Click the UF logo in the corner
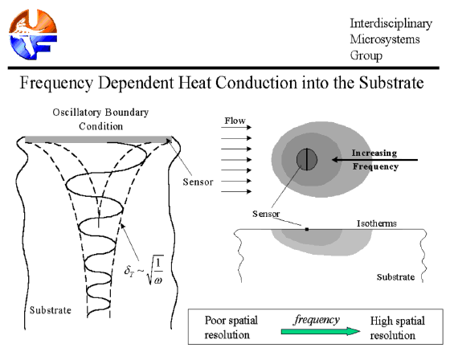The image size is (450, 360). tap(33, 34)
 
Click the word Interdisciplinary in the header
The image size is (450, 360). tap(391, 23)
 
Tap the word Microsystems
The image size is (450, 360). tap(385, 39)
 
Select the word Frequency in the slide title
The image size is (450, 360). tap(56, 84)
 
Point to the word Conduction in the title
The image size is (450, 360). tap(256, 83)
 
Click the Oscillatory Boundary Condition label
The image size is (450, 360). tap(100, 119)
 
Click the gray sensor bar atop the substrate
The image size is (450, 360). tap(98, 140)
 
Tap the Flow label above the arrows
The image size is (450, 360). tap(235, 121)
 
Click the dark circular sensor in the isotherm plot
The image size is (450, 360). tap(307, 159)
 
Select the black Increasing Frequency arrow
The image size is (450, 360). tap(374, 160)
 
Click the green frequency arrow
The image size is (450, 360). tap(321, 331)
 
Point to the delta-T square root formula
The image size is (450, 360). tap(144, 270)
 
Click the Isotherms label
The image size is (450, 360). tap(377, 223)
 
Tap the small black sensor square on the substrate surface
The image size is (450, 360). tap(307, 229)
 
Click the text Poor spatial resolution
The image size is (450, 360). tap(231, 328)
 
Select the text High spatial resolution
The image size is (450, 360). tap(398, 328)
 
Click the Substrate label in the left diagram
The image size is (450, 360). tap(51, 310)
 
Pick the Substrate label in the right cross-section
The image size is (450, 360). tap(395, 277)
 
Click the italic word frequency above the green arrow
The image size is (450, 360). tap(317, 320)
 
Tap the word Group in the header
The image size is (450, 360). tap(366, 55)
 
